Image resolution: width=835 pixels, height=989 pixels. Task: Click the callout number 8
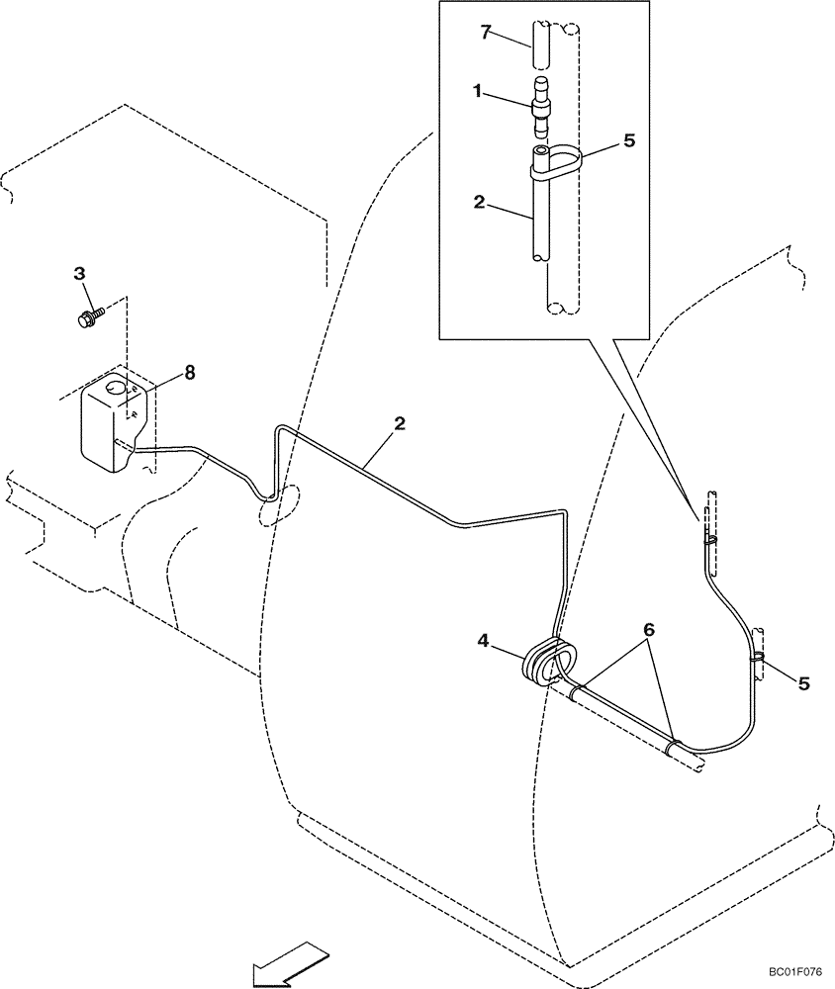pyautogui.click(x=189, y=373)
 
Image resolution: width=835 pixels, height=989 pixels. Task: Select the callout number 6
pyautogui.click(x=648, y=630)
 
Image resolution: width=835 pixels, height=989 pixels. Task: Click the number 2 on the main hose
pyautogui.click(x=400, y=424)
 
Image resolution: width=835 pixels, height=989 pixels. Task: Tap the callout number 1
pyautogui.click(x=477, y=91)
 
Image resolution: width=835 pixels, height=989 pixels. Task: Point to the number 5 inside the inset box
pyautogui.click(x=629, y=140)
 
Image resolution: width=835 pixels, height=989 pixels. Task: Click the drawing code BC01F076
pyautogui.click(x=794, y=972)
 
